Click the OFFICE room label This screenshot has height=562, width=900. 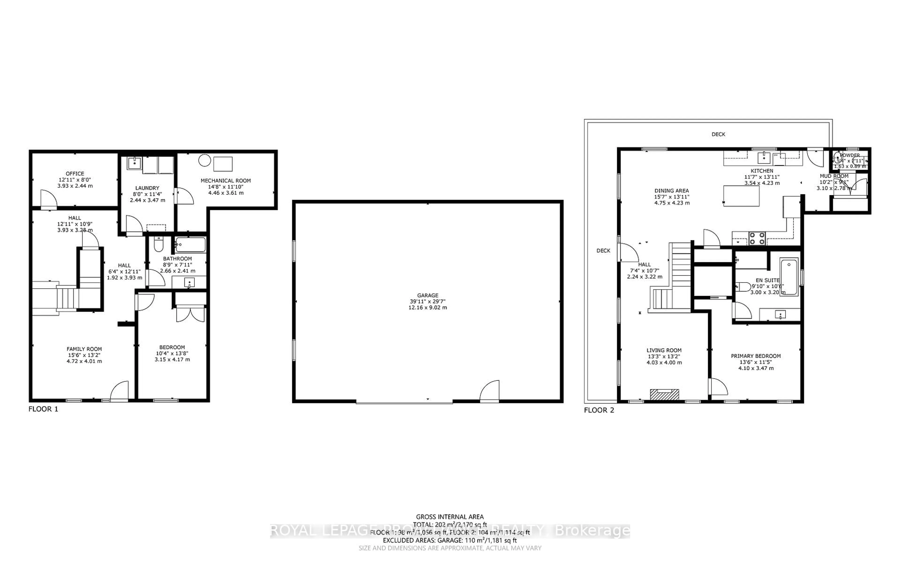[x=75, y=174]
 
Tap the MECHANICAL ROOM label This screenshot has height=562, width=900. [x=225, y=181]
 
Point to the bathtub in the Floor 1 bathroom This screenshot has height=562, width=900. [x=190, y=245]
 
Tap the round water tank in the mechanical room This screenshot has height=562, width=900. [x=204, y=161]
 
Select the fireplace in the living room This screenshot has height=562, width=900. [x=664, y=394]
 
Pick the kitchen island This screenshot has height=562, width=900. [x=741, y=196]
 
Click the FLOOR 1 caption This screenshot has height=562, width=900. [x=43, y=409]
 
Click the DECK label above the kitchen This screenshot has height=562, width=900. [x=718, y=134]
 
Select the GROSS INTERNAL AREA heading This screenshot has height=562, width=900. [x=450, y=517]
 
